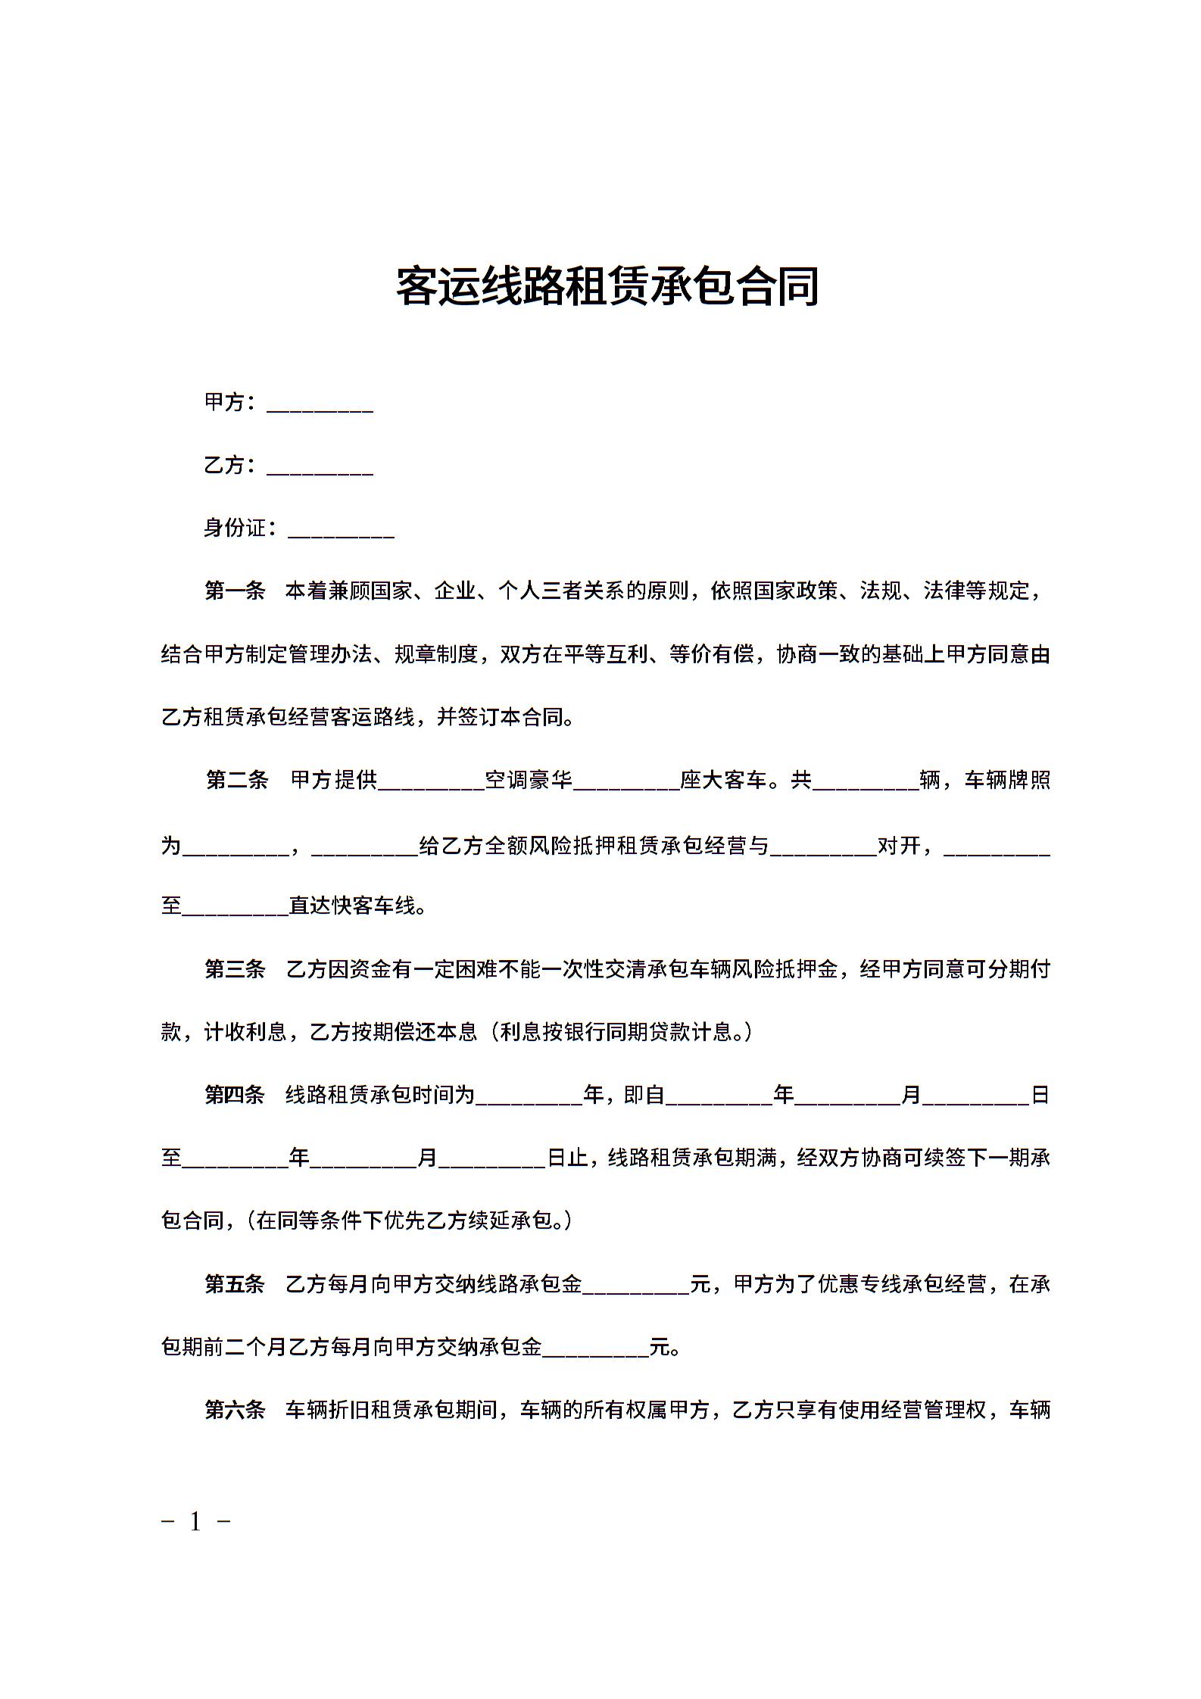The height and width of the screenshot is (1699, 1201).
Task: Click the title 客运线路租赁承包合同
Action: pyautogui.click(x=607, y=286)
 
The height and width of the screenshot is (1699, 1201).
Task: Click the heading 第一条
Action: pyautogui.click(x=235, y=591)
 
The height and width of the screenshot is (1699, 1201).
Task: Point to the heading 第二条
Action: pyautogui.click(x=237, y=780)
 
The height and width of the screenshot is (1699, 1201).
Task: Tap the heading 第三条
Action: pyautogui.click(x=235, y=969)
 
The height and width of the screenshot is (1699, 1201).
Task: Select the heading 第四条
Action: pyautogui.click(x=235, y=1095)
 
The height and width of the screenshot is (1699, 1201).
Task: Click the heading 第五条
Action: pyautogui.click(x=235, y=1284)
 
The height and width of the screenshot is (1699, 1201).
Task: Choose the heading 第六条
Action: pyautogui.click(x=235, y=1410)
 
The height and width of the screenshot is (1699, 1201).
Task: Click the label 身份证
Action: pyautogui.click(x=236, y=528)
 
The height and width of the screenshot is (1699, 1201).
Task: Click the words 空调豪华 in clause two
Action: pyautogui.click(x=529, y=780)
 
